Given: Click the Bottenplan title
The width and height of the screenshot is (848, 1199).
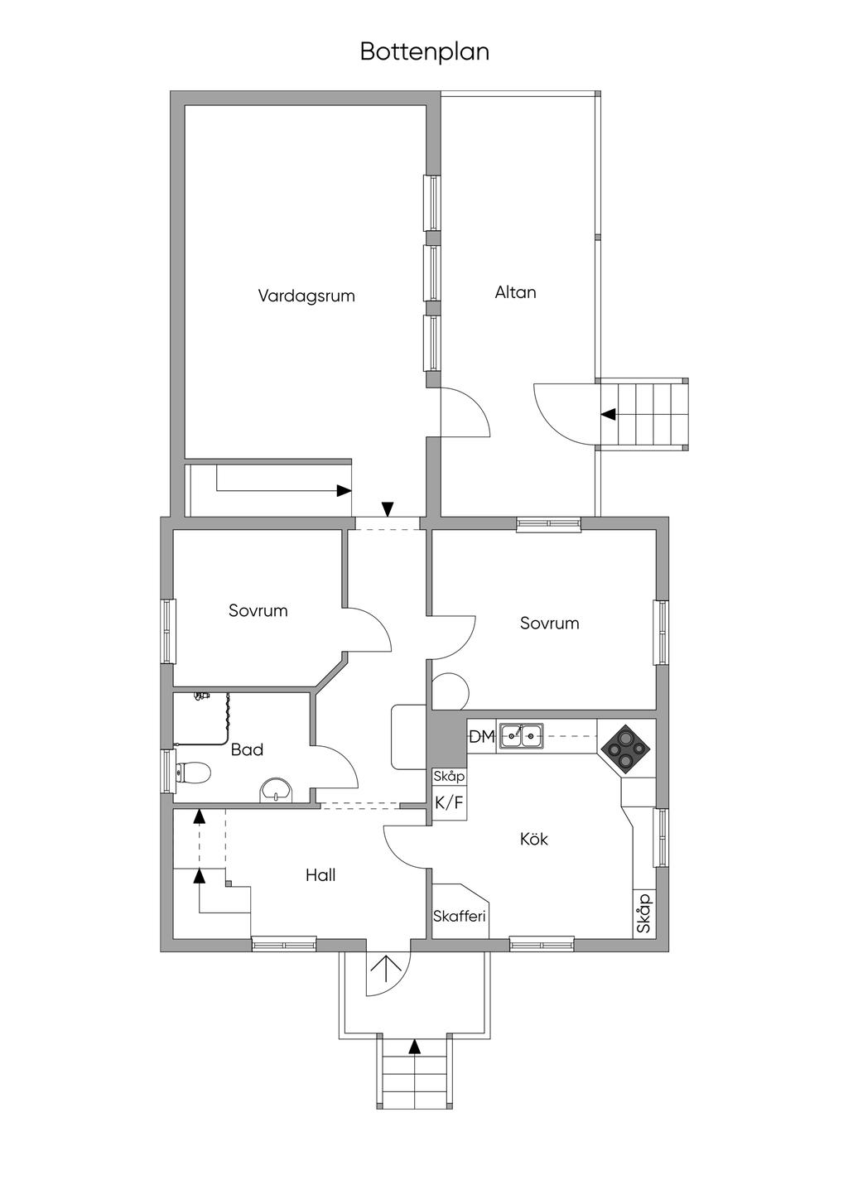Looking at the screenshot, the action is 424,51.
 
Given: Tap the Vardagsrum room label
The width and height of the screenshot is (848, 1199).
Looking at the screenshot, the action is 306,296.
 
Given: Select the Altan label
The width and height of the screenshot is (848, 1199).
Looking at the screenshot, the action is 515,292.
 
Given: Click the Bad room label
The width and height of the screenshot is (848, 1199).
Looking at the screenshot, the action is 247,750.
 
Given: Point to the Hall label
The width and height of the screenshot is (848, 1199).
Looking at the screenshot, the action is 320,875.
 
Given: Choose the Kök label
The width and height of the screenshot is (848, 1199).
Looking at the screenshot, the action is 533,840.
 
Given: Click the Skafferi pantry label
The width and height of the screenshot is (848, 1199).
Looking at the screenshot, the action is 459,917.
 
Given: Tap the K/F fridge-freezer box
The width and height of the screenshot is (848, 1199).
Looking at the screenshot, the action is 450,802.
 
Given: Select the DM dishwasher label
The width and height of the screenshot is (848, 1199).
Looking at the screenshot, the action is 481,736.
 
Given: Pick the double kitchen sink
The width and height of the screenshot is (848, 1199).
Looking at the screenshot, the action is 521,735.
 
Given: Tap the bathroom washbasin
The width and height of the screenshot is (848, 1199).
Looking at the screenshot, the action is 277,790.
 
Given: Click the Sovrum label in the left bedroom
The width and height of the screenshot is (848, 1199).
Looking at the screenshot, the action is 258,611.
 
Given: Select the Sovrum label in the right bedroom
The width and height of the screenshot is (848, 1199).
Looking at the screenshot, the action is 549,624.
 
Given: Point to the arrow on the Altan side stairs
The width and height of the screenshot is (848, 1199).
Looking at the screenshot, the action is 609,414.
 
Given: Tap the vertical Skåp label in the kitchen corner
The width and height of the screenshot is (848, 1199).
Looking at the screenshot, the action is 644,914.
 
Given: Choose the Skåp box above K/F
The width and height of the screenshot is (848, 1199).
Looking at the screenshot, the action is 449,777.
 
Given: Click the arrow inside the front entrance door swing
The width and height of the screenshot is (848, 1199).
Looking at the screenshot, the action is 385,966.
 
